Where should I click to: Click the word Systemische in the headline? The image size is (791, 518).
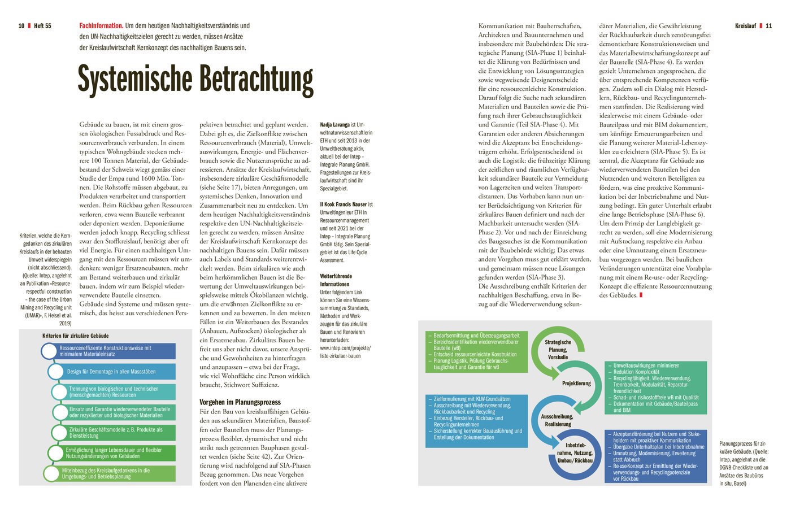point(134,80)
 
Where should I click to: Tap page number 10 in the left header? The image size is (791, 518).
point(21,26)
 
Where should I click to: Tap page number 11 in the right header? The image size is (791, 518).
point(769,26)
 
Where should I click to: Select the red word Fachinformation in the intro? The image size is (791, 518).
point(101,25)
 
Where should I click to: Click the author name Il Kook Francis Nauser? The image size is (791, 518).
point(344,204)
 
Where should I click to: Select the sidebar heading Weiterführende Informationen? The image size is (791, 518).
point(336,280)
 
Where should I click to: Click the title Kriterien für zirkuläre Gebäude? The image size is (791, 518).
point(76,336)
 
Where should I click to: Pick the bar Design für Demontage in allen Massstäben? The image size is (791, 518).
point(112,372)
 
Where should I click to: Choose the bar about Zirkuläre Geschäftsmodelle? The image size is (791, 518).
point(116,433)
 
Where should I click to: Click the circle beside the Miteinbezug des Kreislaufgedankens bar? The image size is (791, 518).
point(53,473)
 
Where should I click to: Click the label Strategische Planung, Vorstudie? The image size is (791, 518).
point(558,350)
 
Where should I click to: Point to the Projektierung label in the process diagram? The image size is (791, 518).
point(576,384)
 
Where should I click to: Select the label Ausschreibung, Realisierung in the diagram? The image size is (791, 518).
point(557,420)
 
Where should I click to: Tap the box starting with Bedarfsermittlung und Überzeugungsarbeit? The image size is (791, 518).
point(475,351)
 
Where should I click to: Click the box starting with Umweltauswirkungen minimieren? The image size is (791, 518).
point(655,388)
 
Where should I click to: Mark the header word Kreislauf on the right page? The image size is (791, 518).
point(745,26)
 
